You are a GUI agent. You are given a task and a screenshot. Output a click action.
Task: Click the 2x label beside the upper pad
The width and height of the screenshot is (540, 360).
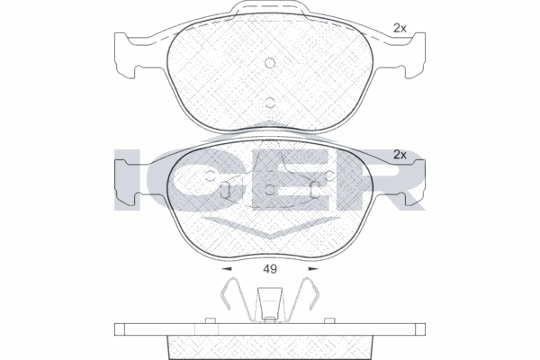[400, 28]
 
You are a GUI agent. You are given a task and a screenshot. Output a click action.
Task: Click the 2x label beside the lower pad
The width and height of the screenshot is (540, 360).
[400, 155]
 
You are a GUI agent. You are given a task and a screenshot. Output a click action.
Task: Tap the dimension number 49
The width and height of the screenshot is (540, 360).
[270, 269]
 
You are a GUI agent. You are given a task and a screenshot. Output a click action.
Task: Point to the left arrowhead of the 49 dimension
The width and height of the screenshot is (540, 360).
[226, 269]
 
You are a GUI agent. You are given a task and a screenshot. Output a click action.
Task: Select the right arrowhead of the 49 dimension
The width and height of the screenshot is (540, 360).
[313, 269]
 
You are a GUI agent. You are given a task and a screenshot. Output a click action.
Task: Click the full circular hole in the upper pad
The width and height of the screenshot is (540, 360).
[270, 63]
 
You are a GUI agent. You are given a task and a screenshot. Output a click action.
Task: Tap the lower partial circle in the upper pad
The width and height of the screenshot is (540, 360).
[270, 103]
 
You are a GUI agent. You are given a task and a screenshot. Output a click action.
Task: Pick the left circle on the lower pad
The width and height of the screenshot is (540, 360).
[210, 175]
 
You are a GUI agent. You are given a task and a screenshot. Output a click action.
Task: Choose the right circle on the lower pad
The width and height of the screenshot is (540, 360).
[330, 175]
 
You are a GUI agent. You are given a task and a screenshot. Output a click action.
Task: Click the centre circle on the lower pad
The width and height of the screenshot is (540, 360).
[270, 189]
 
